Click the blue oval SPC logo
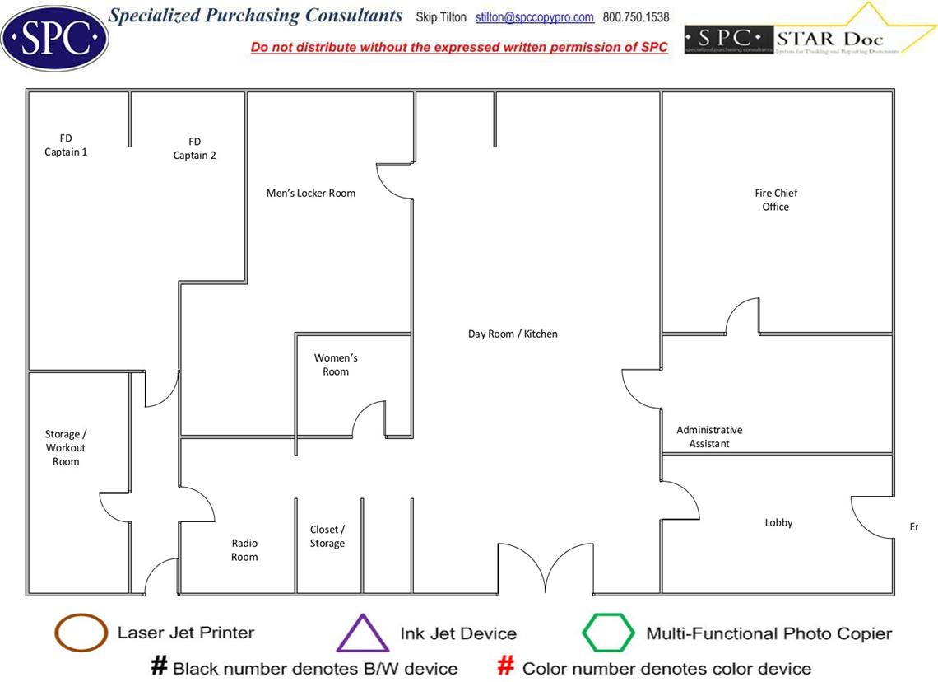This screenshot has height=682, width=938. [54, 36]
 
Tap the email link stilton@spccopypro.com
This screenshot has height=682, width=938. [535, 17]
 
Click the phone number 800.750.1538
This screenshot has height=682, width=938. [636, 17]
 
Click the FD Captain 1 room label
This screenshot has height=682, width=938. [66, 145]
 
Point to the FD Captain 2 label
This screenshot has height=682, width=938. [195, 148]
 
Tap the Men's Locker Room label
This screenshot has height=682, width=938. [311, 194]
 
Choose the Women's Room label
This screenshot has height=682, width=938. [336, 365]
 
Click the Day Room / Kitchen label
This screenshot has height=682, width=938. [513, 334]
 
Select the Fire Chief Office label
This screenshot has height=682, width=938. [776, 200]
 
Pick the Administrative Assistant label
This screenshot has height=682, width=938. [709, 437]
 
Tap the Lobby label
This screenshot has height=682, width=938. [778, 523]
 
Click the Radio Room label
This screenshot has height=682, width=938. [244, 550]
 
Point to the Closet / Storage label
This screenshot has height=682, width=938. [327, 536]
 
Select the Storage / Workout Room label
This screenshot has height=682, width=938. [66, 448]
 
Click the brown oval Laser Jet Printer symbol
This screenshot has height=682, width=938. [81, 633]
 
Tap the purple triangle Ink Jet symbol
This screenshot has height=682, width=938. [363, 633]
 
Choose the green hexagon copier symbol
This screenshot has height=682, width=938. [608, 633]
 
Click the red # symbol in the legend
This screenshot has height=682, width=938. [506, 666]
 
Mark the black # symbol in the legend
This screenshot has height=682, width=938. [160, 666]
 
